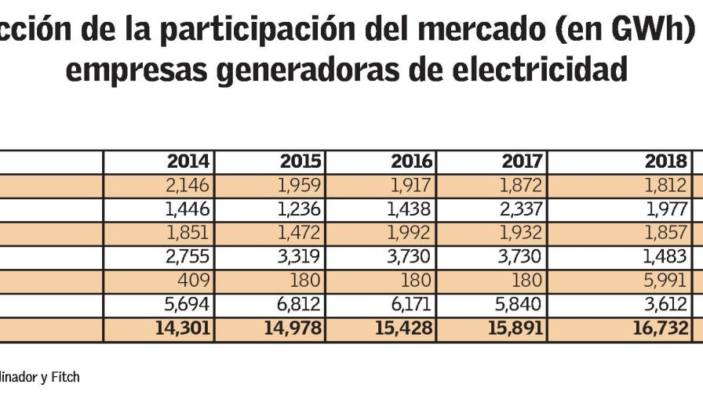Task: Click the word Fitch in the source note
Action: tap(65, 377)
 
